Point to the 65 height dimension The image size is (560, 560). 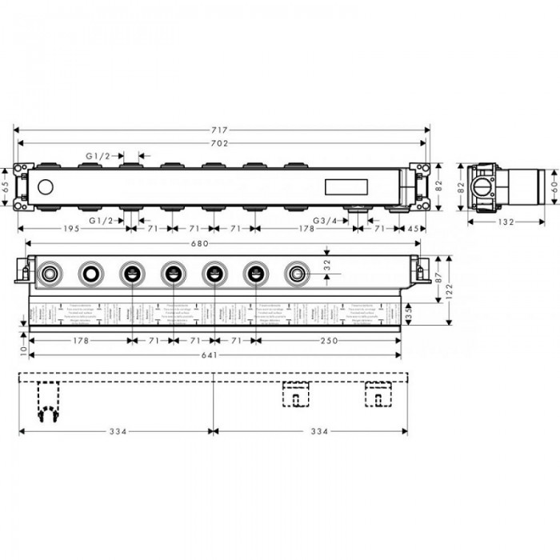pyautogui.click(x=6, y=186)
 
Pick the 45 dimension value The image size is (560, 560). pyautogui.click(x=413, y=229)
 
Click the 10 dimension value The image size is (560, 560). pyautogui.click(x=24, y=350)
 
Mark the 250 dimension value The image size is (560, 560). pyautogui.click(x=328, y=340)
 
